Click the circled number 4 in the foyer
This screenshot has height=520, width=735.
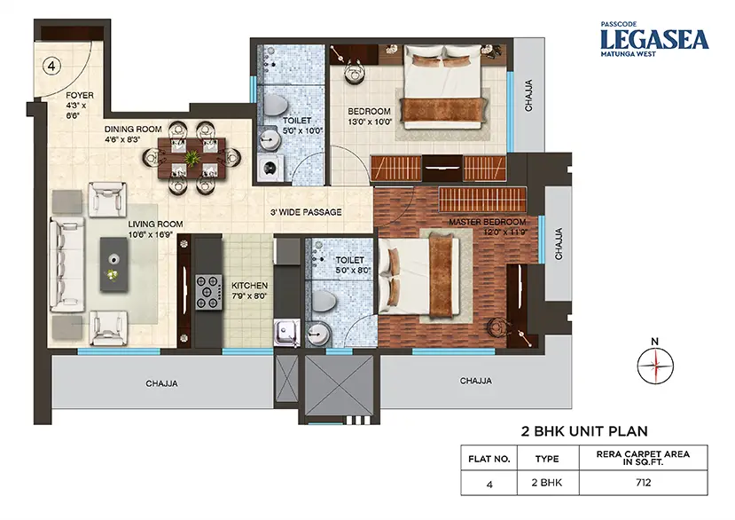(x=51, y=67)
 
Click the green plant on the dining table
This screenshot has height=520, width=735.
(x=192, y=158)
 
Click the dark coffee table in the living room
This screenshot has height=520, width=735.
(x=113, y=264)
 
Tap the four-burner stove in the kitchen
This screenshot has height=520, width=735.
(x=209, y=292)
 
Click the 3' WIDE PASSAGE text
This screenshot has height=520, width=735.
(x=306, y=212)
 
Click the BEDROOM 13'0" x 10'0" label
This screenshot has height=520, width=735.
(x=370, y=117)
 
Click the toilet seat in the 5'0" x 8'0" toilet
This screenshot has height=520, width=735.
(x=324, y=301)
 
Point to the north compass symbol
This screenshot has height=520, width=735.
(x=655, y=363)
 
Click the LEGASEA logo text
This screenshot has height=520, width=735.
(x=655, y=39)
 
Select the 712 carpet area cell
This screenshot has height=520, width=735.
(x=644, y=483)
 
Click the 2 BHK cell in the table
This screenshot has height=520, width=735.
(x=547, y=483)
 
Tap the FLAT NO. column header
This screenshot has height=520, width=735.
(x=489, y=459)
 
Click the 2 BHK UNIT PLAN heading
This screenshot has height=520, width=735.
(x=584, y=431)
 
